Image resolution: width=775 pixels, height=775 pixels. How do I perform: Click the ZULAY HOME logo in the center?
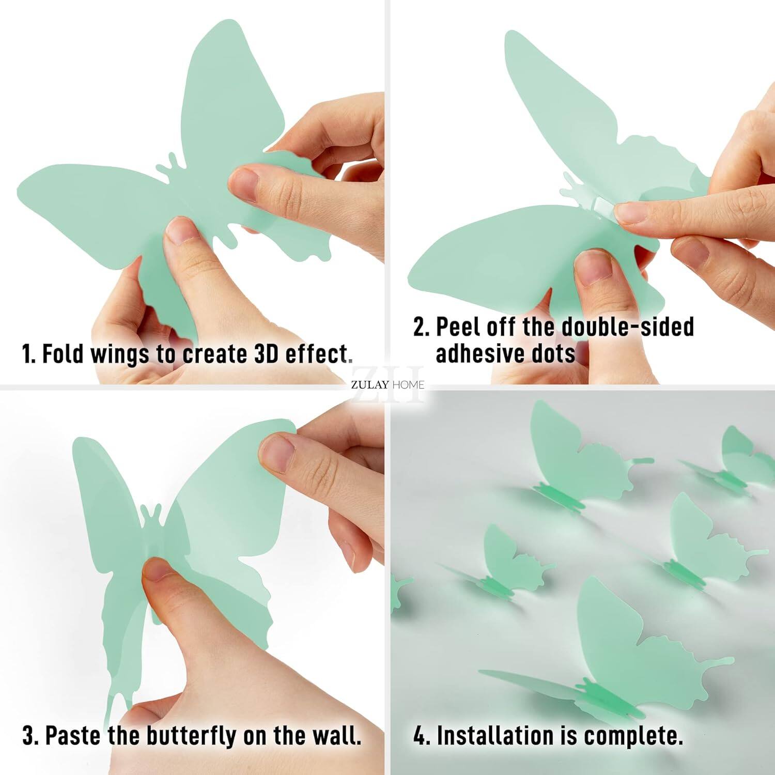tap(388, 384)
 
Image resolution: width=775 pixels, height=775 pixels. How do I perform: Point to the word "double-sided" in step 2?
tap(627, 327)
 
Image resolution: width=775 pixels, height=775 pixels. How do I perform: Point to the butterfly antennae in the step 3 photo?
tap(150, 512)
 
